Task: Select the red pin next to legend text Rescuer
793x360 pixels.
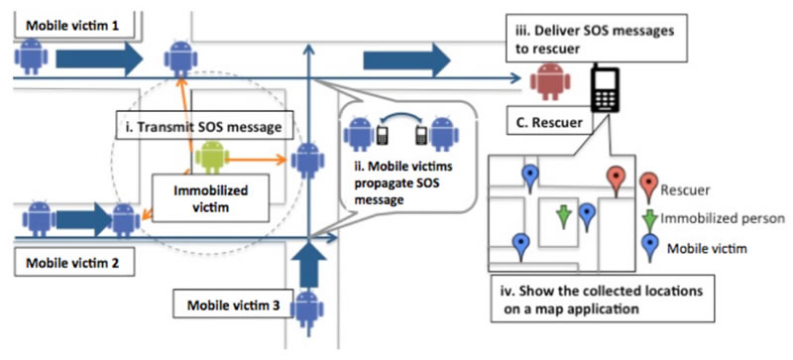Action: coord(647,183)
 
